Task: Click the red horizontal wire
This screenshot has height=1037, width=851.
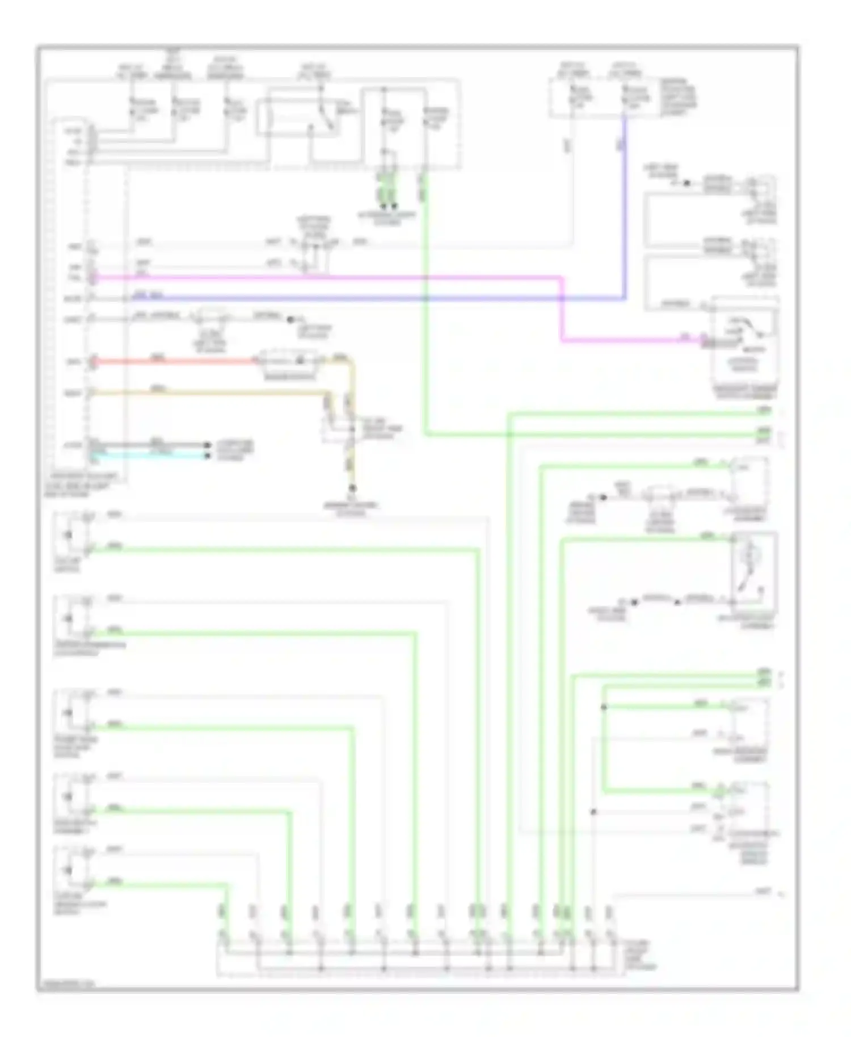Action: point(170,361)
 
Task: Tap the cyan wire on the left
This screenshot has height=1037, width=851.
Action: point(148,456)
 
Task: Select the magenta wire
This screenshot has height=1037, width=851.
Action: point(340,277)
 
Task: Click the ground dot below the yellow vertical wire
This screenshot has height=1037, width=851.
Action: point(352,488)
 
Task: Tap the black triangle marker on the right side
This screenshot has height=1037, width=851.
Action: point(686,183)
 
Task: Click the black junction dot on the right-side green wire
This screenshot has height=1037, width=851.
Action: point(604,707)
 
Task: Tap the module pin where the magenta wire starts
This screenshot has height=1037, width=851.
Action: point(94,277)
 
